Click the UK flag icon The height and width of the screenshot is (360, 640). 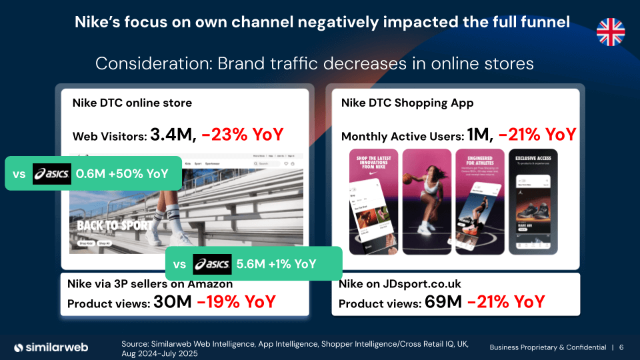pyautogui.click(x=611, y=31)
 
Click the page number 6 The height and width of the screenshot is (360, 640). pyautogui.click(x=621, y=347)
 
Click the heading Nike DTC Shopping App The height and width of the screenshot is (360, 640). pyautogui.click(x=407, y=103)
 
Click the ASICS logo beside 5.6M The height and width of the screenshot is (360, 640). pyautogui.click(x=212, y=264)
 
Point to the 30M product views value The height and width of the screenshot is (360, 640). pyautogui.click(x=173, y=302)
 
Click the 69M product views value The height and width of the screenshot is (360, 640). pyautogui.click(x=443, y=303)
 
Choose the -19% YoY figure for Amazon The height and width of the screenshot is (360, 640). pyautogui.click(x=236, y=302)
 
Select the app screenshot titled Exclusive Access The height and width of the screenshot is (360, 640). pyautogui.click(x=533, y=201)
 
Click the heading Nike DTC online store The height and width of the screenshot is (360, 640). pyautogui.click(x=132, y=103)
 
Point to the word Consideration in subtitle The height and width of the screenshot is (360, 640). pyautogui.click(x=141, y=64)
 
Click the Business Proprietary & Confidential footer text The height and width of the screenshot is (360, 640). pyautogui.click(x=548, y=347)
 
